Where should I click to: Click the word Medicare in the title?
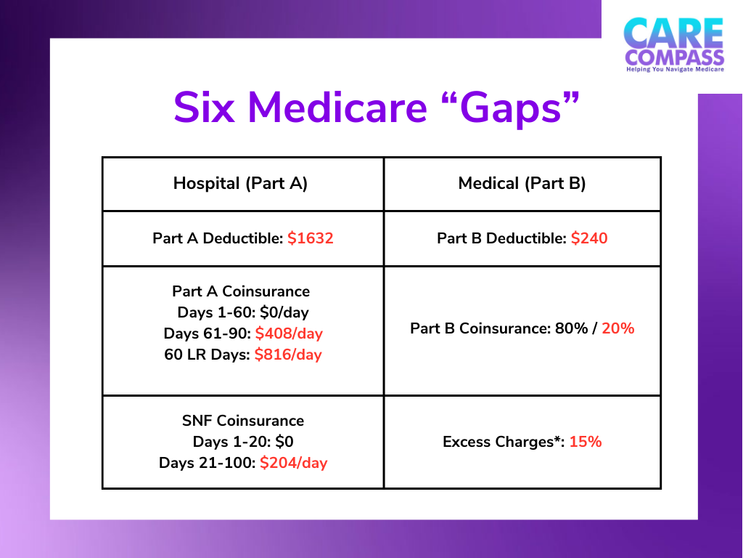pos(337,108)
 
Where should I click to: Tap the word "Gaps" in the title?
pos(513,108)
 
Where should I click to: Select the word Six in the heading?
pos(204,108)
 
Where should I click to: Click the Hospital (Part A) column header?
pos(241,184)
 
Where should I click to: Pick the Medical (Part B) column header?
pos(522,184)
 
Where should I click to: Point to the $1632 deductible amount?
pos(311,238)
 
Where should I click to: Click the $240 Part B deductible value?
pos(589,238)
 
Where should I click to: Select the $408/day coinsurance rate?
pos(289,333)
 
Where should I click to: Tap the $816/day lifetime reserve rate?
pos(288,355)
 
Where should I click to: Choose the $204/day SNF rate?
pos(294,462)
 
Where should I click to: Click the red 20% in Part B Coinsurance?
pos(618,328)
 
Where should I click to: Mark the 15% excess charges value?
pos(586,441)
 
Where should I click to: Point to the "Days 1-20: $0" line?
pos(242,441)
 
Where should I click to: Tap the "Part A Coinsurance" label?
pos(241,291)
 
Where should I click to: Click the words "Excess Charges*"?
pos(504,441)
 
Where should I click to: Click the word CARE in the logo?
pos(673,33)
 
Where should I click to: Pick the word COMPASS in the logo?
pos(674,57)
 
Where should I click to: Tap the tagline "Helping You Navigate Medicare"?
pos(674,70)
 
